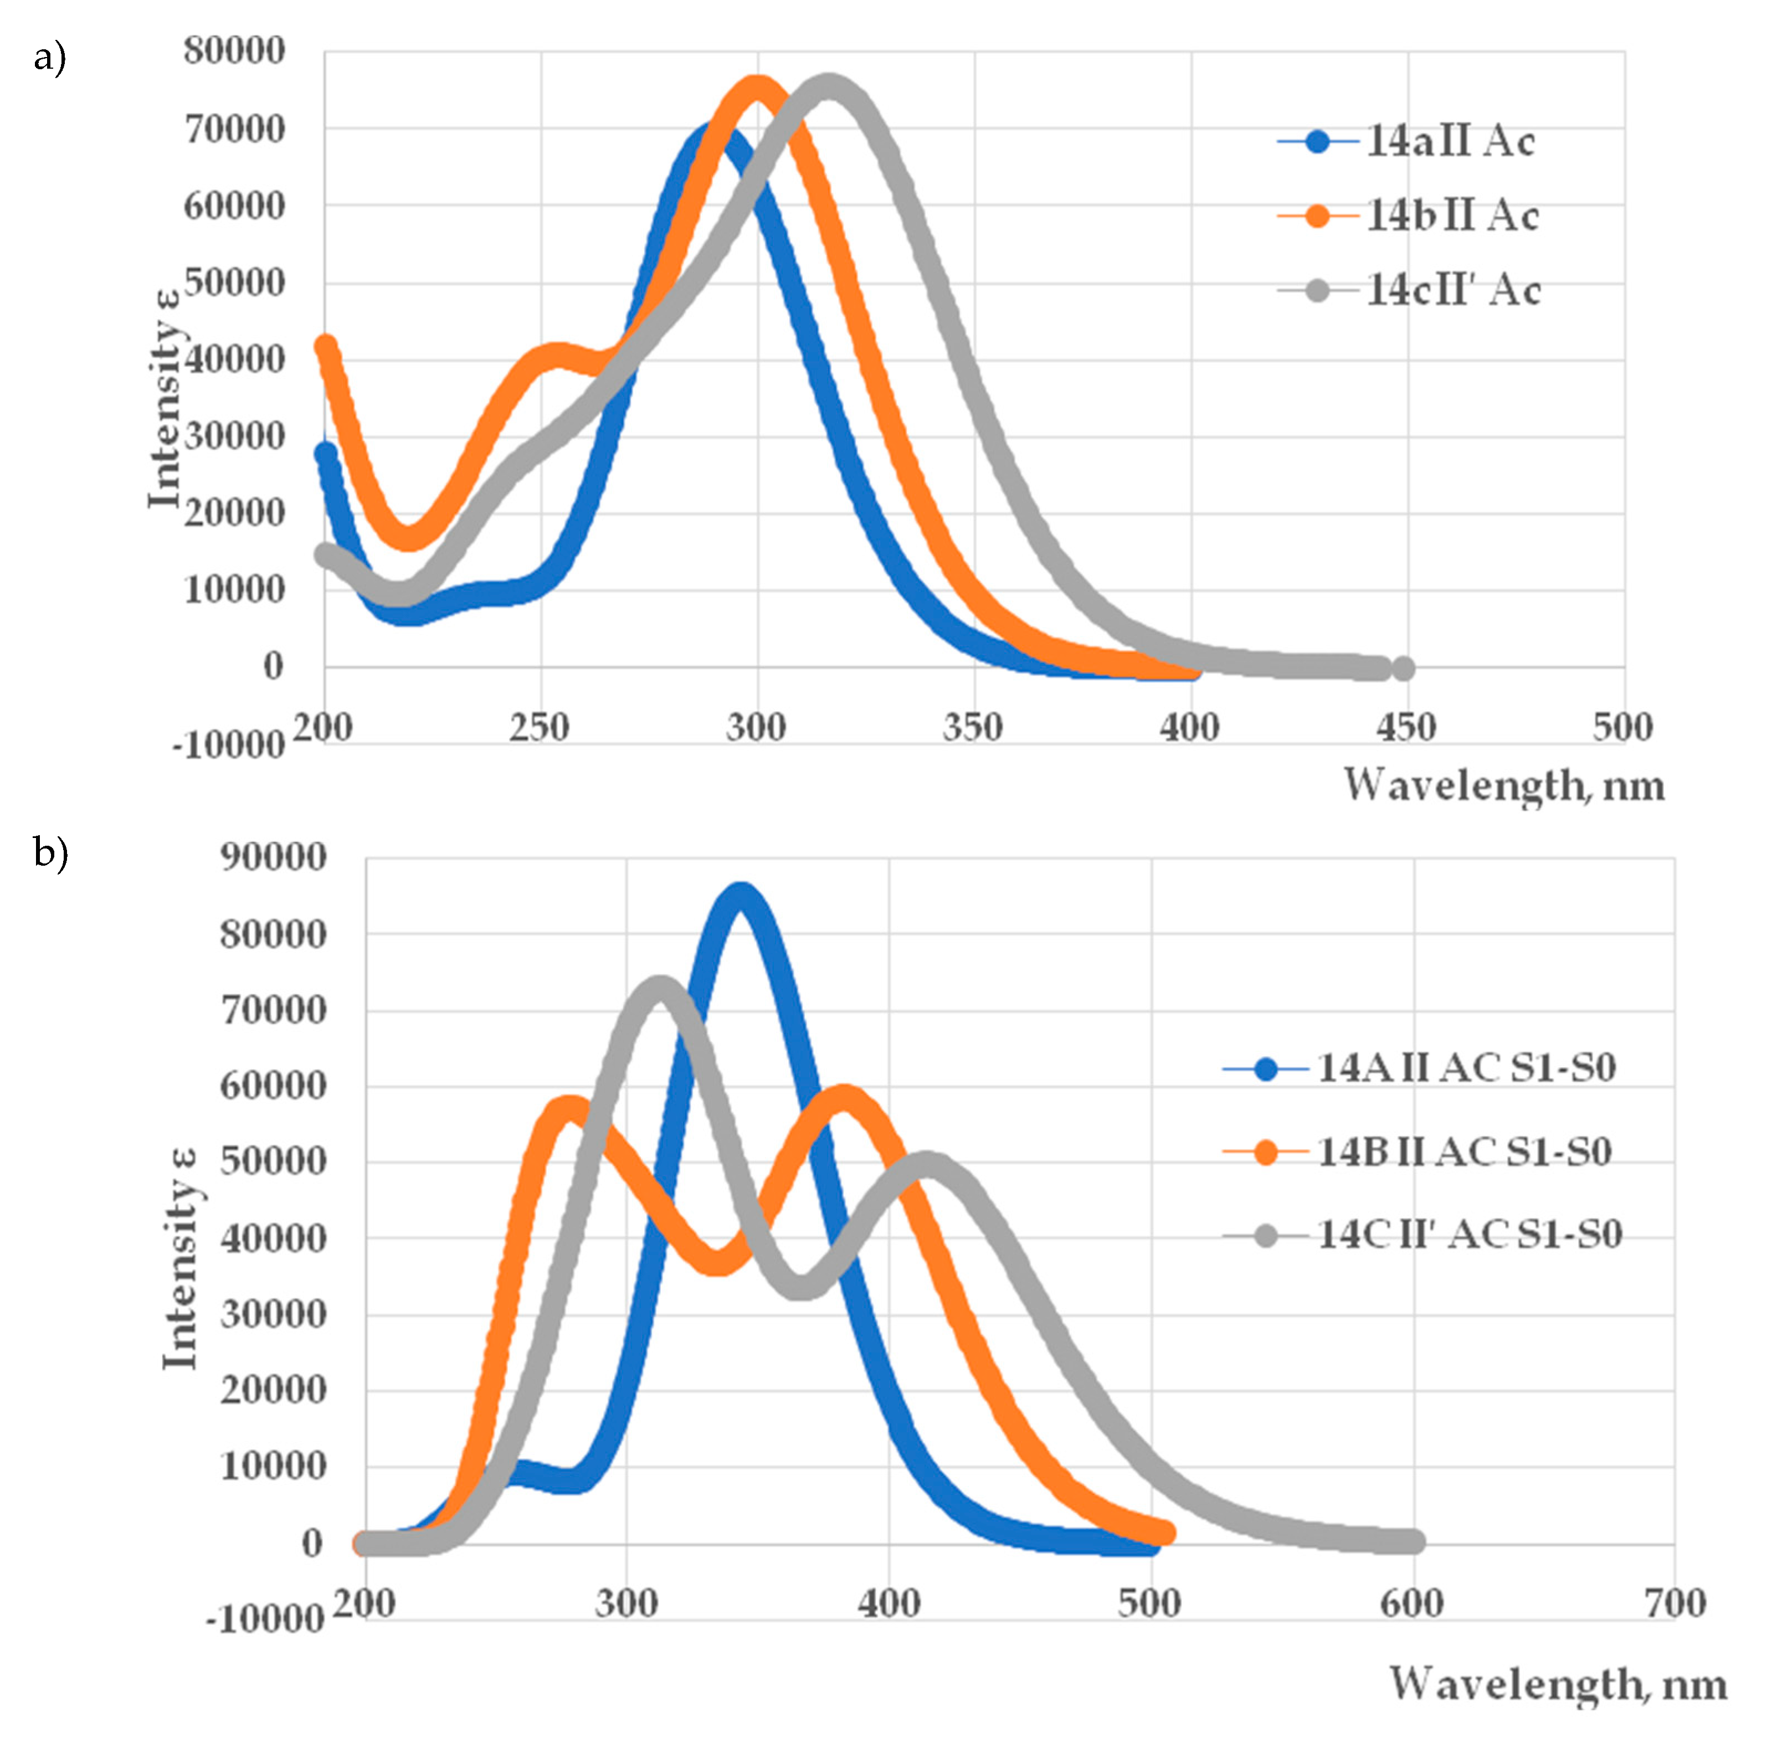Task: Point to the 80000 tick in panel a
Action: pyautogui.click(x=235, y=50)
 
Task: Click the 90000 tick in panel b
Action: pyautogui.click(x=273, y=857)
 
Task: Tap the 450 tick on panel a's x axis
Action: pyautogui.click(x=1406, y=728)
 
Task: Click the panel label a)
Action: pyautogui.click(x=50, y=59)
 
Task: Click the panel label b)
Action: pyautogui.click(x=50, y=853)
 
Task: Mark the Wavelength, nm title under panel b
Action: pyautogui.click(x=1558, y=1684)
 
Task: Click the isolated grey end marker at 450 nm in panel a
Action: pyautogui.click(x=1404, y=669)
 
